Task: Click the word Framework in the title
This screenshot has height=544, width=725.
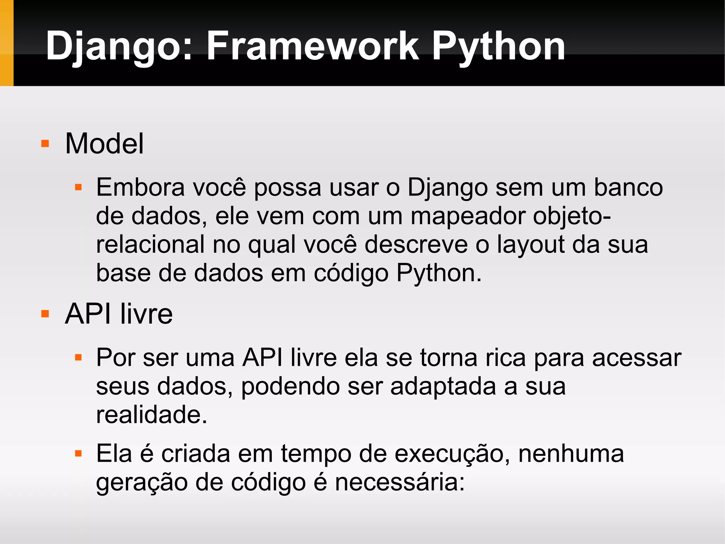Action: (312, 46)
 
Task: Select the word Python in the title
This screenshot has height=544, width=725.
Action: (498, 46)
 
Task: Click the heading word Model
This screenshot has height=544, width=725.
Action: (104, 144)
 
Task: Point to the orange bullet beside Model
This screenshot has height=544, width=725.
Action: (45, 144)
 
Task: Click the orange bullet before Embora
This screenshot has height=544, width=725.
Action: (78, 187)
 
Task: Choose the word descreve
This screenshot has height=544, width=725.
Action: (416, 244)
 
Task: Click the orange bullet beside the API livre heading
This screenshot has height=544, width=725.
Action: (45, 314)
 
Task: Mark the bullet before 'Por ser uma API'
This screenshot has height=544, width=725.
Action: (78, 358)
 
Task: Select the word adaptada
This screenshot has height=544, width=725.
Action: (443, 386)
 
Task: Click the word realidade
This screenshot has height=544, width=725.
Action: (152, 415)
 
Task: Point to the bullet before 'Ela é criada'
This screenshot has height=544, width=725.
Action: (78, 454)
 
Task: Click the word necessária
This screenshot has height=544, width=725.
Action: (400, 482)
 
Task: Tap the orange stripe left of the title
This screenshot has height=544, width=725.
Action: (6, 43)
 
